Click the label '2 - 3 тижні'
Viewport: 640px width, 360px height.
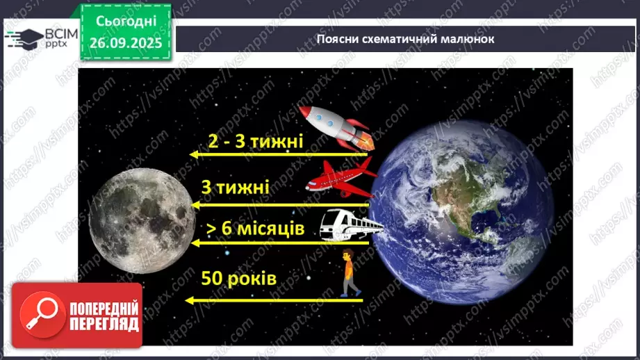256,142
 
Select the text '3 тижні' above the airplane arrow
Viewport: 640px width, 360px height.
235,189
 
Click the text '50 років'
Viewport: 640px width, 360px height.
238,279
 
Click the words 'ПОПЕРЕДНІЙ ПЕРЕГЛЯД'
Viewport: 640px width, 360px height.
105,316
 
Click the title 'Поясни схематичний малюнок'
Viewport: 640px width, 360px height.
405,39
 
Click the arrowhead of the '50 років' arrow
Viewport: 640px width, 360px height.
190,300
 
